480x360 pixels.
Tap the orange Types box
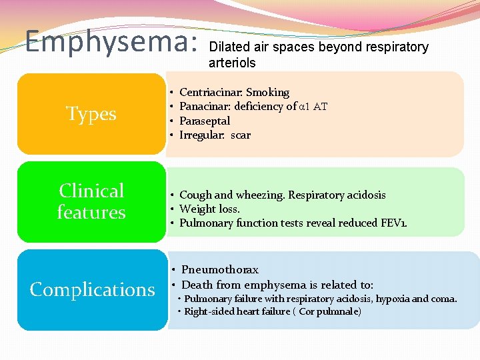91,114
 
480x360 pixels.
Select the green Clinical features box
91,201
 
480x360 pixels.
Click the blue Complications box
92,289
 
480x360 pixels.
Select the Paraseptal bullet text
205,121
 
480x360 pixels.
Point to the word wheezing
258,195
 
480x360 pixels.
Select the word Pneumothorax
220,270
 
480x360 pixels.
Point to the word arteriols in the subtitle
232,63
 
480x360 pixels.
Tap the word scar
241,135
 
